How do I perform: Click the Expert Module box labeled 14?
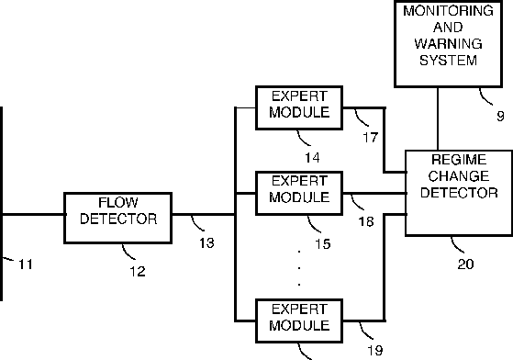(x=299, y=107)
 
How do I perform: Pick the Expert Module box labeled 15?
(x=299, y=193)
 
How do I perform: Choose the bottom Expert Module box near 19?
(x=299, y=321)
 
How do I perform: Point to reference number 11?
(x=26, y=264)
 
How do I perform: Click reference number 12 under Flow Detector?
(x=138, y=271)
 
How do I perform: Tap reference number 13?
(x=206, y=242)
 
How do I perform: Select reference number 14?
(x=312, y=158)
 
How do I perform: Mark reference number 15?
(x=323, y=243)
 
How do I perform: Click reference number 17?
(x=371, y=138)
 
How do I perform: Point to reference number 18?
(x=366, y=221)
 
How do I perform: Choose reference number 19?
(x=375, y=351)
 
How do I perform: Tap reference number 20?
(x=465, y=264)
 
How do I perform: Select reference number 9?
(x=500, y=117)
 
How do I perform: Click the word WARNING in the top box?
(x=448, y=44)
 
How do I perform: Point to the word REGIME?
(x=459, y=160)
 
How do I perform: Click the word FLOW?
(x=118, y=203)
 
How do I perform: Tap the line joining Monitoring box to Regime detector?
(x=438, y=118)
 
